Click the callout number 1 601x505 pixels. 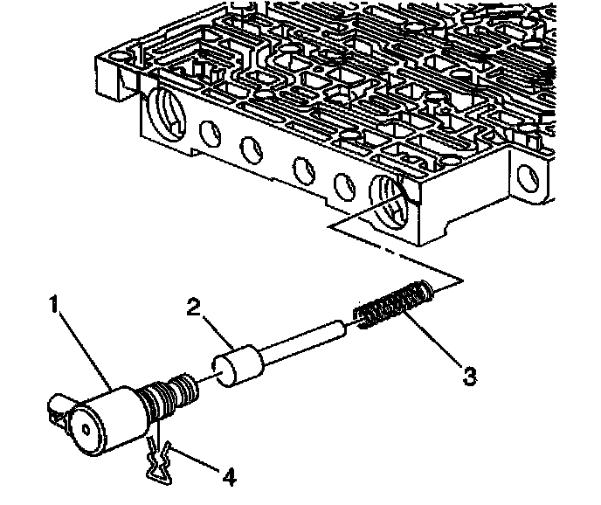[53, 307]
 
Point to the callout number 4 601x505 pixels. [229, 477]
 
